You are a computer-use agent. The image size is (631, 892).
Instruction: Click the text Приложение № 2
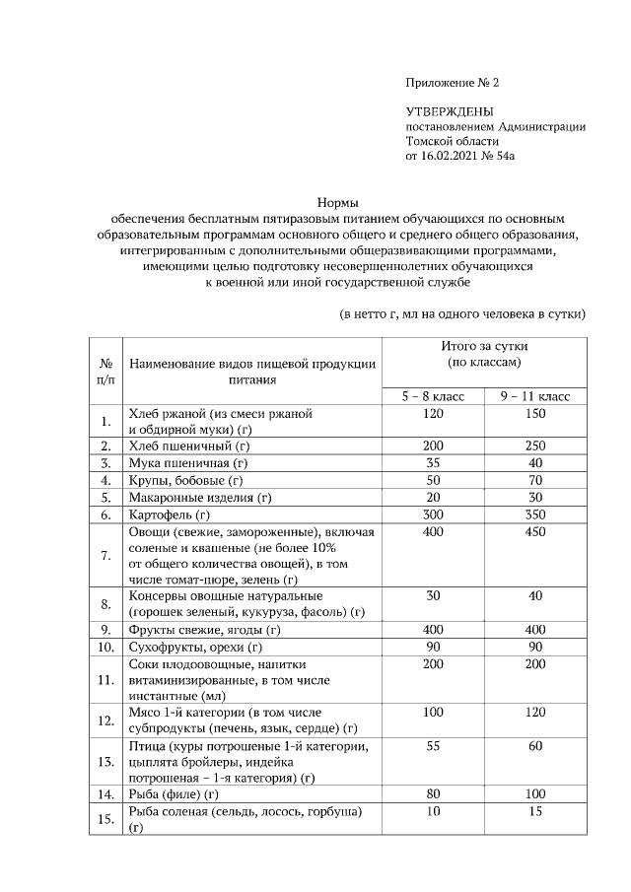pos(459,82)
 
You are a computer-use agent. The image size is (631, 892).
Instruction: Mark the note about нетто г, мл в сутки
pos(462,314)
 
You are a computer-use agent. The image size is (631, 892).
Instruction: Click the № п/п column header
pos(105,370)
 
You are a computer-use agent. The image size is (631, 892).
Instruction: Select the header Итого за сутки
pos(484,347)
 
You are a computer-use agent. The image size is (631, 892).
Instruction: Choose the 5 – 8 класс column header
pos(432,395)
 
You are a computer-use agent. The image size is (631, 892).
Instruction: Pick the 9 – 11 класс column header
pos(535,395)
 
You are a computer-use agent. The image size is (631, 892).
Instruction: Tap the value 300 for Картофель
pos(432,515)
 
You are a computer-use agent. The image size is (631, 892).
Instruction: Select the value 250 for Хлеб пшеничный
pos(535,446)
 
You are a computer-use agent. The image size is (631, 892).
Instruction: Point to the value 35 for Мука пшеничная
pos(432,462)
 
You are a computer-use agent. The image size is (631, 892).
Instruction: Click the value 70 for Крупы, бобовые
pos(535,480)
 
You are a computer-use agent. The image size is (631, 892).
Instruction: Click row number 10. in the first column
pos(105,647)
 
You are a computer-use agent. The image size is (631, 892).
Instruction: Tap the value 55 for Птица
pos(432,748)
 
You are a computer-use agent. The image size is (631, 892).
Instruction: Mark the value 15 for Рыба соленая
pos(535,810)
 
